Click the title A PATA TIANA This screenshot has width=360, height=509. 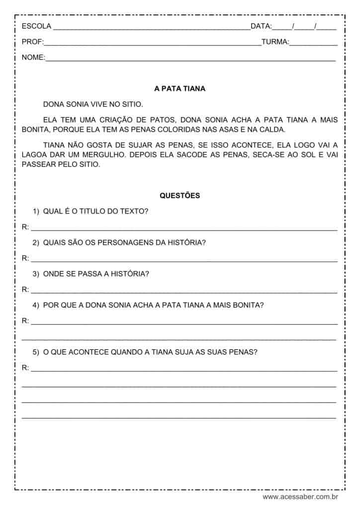click(180, 89)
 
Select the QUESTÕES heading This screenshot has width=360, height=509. click(180, 196)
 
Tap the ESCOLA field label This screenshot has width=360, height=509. click(33, 26)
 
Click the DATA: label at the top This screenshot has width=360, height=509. click(261, 26)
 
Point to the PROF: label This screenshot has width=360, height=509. click(32, 42)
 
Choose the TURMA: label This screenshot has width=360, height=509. click(275, 42)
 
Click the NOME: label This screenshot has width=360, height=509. click(33, 58)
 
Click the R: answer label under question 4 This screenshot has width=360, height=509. click(25, 321)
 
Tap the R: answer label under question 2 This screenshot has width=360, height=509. click(25, 258)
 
